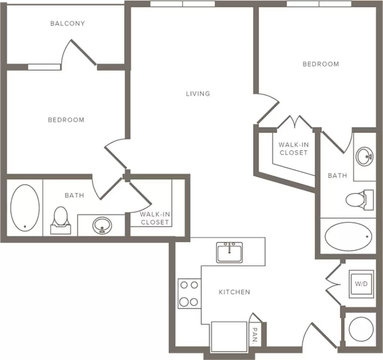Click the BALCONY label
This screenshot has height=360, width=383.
click(x=68, y=23)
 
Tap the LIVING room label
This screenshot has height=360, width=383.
click(x=198, y=94)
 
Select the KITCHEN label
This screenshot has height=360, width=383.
click(x=234, y=292)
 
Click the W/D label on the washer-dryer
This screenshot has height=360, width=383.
click(x=361, y=284)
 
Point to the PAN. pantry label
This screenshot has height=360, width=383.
click(x=255, y=336)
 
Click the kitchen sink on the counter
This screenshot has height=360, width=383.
click(x=229, y=252)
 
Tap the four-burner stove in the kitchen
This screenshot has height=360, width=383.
click(x=189, y=293)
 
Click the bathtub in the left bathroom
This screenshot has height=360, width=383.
click(x=25, y=208)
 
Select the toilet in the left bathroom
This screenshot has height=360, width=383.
click(x=61, y=220)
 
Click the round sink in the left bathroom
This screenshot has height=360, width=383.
click(x=102, y=225)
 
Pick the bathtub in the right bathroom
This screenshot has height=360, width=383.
click(x=348, y=236)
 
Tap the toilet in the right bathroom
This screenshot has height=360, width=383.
click(x=360, y=200)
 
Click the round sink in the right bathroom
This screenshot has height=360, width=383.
click(x=364, y=156)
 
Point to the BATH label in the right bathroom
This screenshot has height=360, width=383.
click(x=337, y=176)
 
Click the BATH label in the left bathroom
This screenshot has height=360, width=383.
click(x=74, y=195)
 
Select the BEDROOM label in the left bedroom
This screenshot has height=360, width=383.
click(x=66, y=120)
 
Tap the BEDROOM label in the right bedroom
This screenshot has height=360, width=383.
click(x=321, y=64)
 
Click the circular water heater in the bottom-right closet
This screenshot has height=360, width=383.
click(x=361, y=329)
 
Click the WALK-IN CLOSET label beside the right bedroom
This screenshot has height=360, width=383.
click(x=294, y=149)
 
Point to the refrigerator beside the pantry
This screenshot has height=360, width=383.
click(x=229, y=337)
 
